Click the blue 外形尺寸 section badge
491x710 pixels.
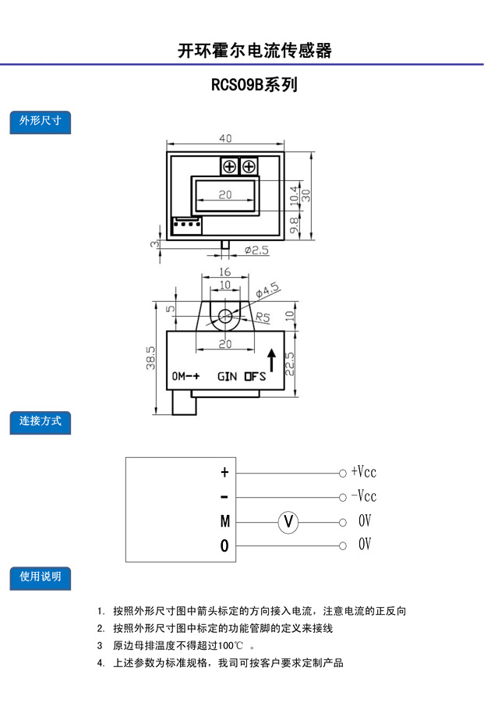click(41, 122)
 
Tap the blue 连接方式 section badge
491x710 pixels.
click(41, 422)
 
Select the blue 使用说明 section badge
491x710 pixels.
click(41, 578)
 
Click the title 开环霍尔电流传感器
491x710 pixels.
click(255, 51)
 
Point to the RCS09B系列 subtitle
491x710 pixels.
click(255, 85)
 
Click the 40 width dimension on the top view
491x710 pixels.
click(225, 138)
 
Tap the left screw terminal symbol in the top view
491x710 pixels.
click(230, 167)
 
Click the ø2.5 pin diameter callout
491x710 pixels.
click(256, 250)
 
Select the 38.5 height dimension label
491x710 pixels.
click(150, 357)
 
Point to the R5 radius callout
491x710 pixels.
click(262, 317)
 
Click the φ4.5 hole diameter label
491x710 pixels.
click(267, 290)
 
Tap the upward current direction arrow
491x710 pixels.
click(272, 360)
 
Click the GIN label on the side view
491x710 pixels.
click(227, 377)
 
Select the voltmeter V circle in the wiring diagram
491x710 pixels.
click(288, 522)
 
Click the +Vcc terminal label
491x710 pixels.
click(364, 472)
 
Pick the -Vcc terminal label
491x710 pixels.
click(364, 495)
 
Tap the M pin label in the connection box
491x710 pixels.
click(224, 522)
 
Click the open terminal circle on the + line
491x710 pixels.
click(343, 473)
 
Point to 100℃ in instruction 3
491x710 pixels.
click(230, 646)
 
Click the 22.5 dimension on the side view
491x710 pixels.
click(290, 364)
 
